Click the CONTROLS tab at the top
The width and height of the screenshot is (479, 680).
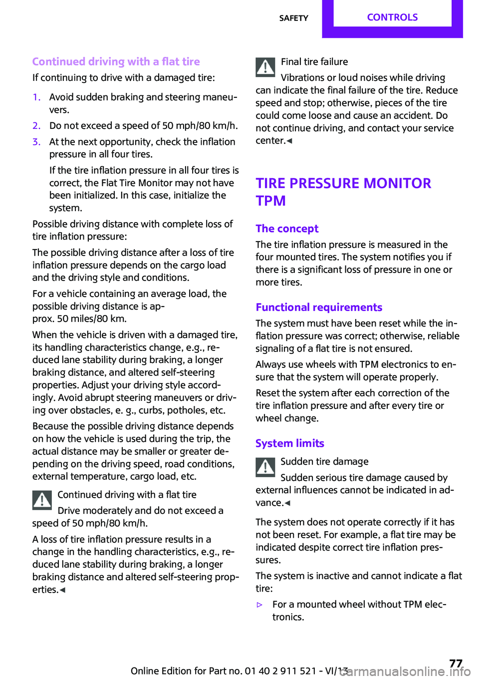pos(392,17)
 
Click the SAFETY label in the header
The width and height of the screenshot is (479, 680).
pos(293,18)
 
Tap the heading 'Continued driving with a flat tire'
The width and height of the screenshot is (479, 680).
pos(116,62)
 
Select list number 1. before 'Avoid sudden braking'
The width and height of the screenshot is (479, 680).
pos(36,97)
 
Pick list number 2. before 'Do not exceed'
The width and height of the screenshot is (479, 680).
pos(36,126)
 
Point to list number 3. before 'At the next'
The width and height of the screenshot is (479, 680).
pos(36,142)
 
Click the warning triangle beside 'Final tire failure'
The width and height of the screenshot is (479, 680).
pos(265,67)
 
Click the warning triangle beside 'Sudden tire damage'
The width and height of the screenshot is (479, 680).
pos(265,467)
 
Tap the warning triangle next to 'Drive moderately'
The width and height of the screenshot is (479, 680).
pos(42,500)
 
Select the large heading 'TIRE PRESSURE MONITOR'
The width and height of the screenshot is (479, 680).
pos(343,183)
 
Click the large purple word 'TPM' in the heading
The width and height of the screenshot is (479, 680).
pos(271,201)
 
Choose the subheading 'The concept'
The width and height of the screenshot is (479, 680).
pos(287,229)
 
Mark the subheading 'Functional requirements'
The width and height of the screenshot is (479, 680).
pos(319,308)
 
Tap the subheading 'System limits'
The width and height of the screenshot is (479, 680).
pos(289,443)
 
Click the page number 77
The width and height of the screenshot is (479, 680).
pos(456,664)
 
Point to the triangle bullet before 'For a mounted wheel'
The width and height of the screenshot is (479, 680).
pos(259,605)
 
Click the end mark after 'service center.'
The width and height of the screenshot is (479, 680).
pos(289,141)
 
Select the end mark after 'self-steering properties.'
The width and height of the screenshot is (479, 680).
pos(62,590)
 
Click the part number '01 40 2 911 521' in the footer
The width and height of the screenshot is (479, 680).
pos(280,671)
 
